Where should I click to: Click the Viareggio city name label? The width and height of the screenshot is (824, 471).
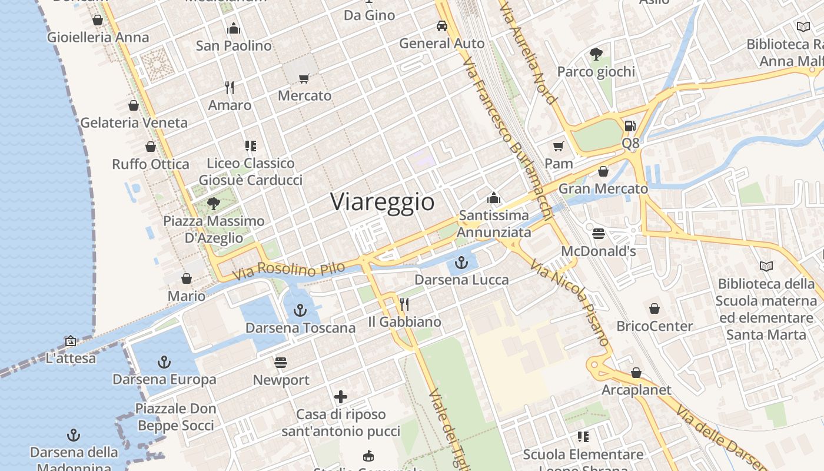pos(383,202)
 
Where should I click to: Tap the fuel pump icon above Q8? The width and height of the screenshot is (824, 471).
pos(630,125)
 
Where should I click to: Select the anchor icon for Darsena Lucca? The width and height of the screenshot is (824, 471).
pos(461,262)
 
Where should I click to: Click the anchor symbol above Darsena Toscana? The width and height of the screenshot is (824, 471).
pos(300,310)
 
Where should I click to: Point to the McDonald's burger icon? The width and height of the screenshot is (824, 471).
pos(599,234)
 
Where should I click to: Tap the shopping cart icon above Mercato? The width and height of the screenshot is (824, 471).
pos(304,78)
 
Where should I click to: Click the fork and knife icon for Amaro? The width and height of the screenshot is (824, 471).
pos(230,88)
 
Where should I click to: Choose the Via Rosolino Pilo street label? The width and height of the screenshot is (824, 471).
pos(288,270)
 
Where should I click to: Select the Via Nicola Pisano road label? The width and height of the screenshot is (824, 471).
pos(569,303)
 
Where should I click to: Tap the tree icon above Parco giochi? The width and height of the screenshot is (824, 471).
pos(596,55)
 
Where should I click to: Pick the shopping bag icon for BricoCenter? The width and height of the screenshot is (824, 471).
pos(654,309)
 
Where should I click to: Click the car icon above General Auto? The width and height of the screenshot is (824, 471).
pos(441,26)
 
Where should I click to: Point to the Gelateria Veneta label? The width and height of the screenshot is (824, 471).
pos(134,123)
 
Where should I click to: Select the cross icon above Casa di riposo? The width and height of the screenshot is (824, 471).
pos(341,397)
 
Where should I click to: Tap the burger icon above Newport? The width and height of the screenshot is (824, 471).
pos(281,362)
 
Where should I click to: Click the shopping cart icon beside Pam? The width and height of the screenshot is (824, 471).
pos(558,146)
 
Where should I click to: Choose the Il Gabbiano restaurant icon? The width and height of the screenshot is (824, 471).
pos(404,304)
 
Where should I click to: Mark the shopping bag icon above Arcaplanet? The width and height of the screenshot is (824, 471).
pos(636,373)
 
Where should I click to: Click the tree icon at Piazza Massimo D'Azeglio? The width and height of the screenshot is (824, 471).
pos(214,204)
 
